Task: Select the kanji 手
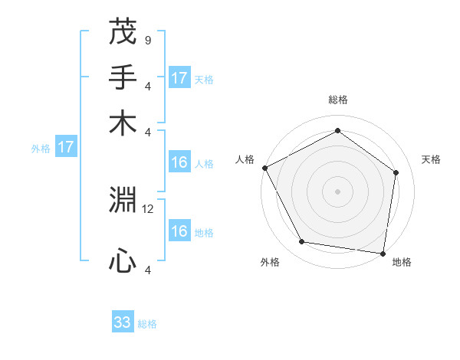coord(123,78)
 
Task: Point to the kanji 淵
coord(123,201)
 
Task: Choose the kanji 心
coord(123,260)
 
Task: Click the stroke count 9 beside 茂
coord(147,40)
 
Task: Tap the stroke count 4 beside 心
coord(147,269)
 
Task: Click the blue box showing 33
coord(123,322)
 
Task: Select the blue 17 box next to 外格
coord(65,147)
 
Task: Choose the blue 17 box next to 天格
coord(179,78)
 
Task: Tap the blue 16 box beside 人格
coord(179,162)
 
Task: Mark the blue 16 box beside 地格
coord(179,231)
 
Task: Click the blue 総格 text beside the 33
coord(147,324)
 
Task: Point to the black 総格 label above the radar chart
coord(337,100)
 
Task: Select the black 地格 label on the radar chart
coord(402,263)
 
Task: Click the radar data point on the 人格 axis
coord(264,168)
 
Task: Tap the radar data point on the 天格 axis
coord(396,172)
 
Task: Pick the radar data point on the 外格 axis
coord(302,242)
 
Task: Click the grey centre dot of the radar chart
coord(337,191)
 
